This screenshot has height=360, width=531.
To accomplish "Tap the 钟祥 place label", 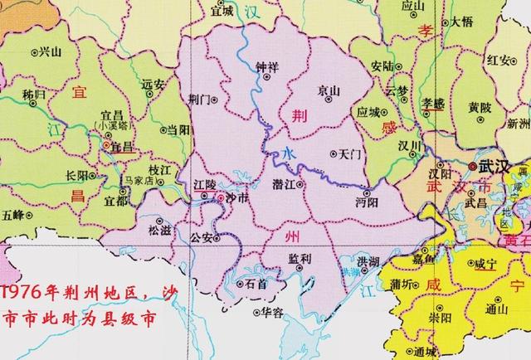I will pos(266,66).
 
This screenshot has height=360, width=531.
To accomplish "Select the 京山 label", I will pos(328,89).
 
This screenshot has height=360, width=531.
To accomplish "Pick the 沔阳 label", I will pos(366,202).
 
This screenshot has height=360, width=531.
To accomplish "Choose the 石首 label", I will pos(256,284).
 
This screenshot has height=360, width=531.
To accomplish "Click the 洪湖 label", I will pos(363,262).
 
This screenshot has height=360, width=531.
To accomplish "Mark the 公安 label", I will pos(202,237).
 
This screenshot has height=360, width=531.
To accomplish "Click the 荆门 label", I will pos(200,98).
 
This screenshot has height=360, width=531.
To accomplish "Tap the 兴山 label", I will pos(52,51).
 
